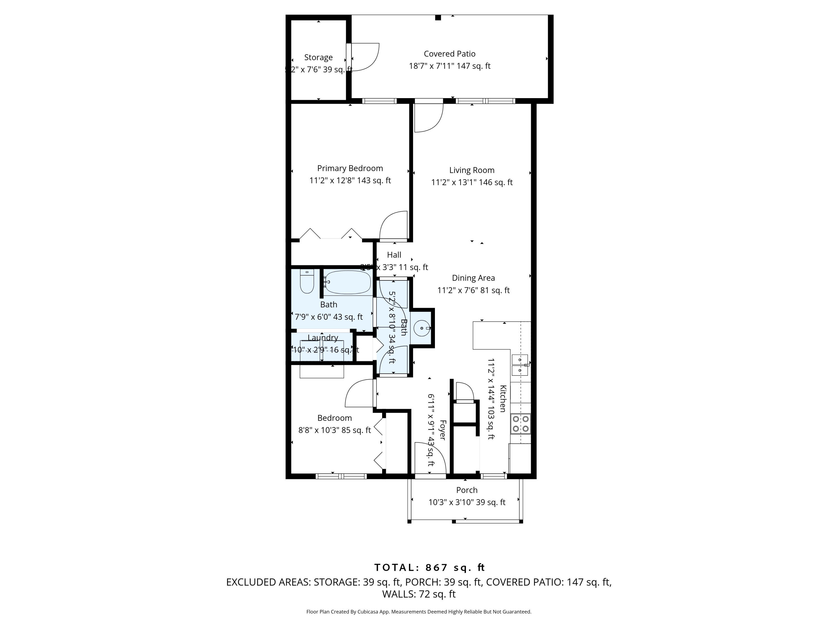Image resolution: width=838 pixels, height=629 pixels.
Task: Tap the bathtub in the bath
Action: click(x=347, y=282)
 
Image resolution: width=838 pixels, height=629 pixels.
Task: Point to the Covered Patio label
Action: click(x=449, y=54)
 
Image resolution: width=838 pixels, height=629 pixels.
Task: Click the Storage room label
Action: click(x=318, y=57)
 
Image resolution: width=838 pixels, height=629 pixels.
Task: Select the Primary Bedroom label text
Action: click(x=350, y=168)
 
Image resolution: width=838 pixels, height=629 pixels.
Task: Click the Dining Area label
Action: click(x=473, y=278)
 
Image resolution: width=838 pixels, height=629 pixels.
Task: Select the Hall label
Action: click(x=394, y=255)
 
